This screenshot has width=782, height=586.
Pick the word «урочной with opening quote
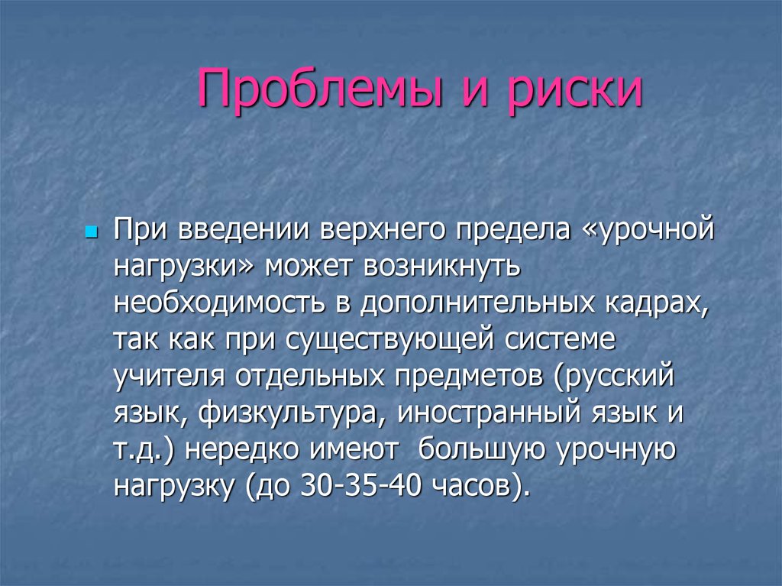648,230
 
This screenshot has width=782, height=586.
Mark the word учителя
172,377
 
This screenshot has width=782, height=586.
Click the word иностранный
473,413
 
